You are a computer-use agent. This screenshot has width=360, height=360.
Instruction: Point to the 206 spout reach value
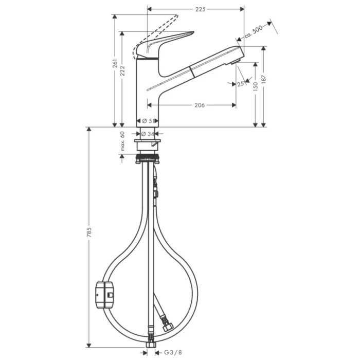[x=200, y=105]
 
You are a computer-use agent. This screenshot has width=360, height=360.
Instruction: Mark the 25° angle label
[x=240, y=84]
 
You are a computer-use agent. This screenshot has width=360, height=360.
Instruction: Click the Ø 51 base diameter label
[x=148, y=121]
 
